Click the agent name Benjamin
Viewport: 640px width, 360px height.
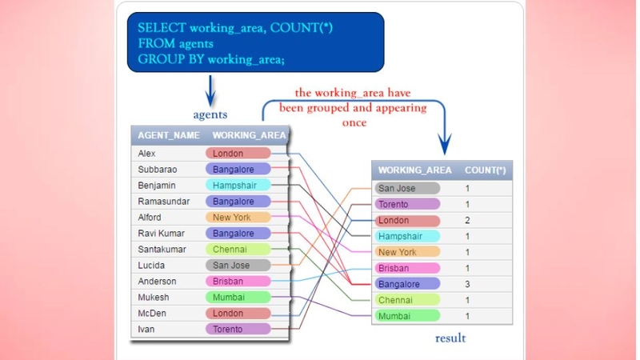tap(156, 186)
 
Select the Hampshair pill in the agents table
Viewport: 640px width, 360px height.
tap(238, 186)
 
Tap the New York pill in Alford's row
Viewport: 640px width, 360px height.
tap(238, 217)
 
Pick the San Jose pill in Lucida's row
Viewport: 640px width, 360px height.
tap(238, 266)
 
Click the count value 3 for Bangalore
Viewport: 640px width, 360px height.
tap(467, 284)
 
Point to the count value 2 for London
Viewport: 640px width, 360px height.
tap(467, 221)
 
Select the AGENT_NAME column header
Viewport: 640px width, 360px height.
tap(169, 135)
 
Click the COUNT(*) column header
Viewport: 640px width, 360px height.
tap(486, 170)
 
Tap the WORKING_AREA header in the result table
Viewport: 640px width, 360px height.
tap(414, 170)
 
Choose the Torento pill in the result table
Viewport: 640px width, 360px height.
tap(407, 204)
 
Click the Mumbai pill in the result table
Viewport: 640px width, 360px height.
tap(407, 316)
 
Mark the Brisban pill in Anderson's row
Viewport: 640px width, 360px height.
tap(238, 282)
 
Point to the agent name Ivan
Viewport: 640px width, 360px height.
tap(146, 330)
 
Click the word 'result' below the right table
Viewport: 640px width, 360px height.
tap(450, 338)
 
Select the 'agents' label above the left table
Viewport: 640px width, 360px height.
tap(210, 114)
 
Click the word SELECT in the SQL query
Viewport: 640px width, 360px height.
tap(162, 28)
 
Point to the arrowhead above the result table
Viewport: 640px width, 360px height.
tap(445, 146)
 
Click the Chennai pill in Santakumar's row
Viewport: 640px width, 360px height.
tap(238, 250)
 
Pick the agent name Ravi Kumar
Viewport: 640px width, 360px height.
tap(162, 234)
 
